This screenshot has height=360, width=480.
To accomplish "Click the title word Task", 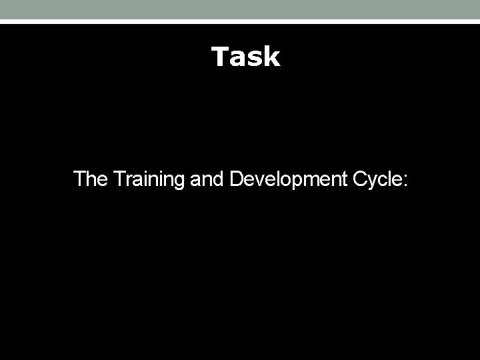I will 245,57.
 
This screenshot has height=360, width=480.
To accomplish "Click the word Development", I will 288,179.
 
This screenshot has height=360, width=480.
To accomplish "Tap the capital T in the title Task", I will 221,57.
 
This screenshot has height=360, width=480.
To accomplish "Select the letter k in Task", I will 272,57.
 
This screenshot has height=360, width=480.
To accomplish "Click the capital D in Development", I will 235,179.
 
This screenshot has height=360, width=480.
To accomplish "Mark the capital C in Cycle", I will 360,179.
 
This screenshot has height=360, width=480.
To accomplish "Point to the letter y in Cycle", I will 372,182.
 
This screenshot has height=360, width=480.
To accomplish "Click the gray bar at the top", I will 240,9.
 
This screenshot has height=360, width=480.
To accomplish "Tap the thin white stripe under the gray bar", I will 240,21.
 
